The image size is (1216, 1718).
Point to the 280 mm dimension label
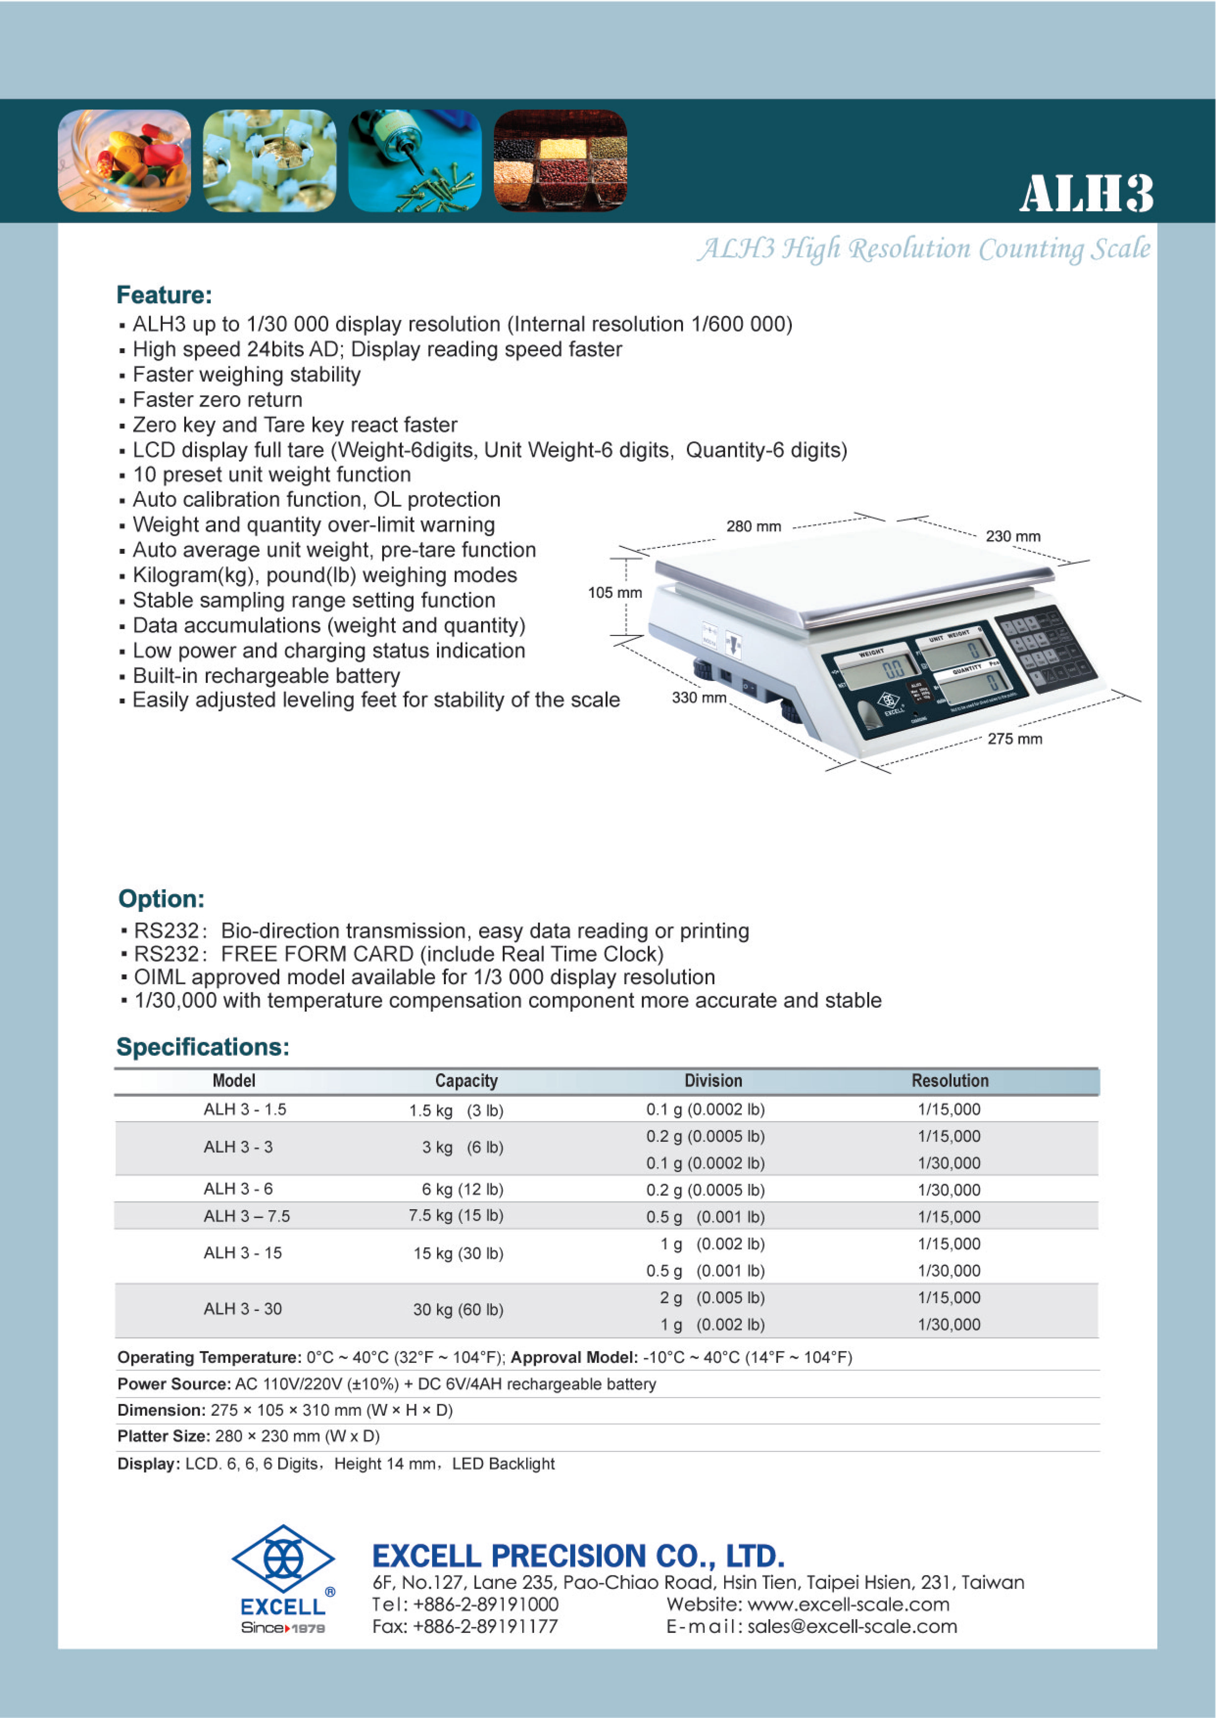tap(753, 527)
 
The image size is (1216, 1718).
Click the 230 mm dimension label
tap(1012, 536)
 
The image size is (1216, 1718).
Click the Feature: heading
tap(164, 295)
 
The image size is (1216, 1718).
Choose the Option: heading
tap(161, 899)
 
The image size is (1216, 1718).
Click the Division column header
tap(713, 1081)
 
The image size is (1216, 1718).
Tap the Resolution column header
tap(949, 1081)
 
